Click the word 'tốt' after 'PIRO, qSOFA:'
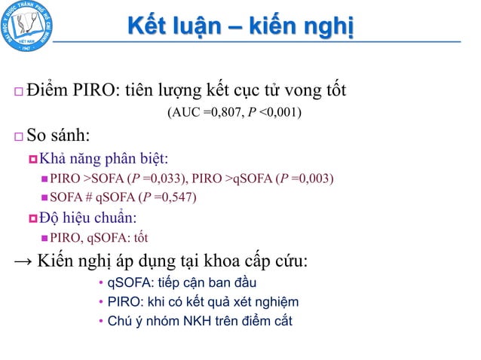click(x=139, y=239)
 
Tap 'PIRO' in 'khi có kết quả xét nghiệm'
click(x=123, y=302)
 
